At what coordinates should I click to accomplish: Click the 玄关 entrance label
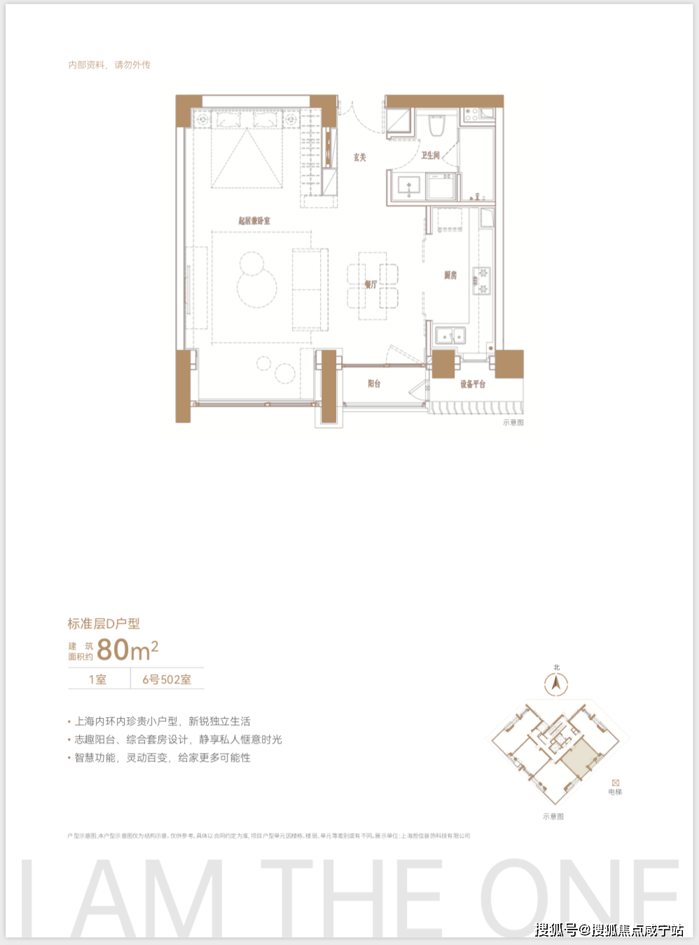coord(359,157)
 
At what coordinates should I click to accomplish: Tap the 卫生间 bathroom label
coord(430,155)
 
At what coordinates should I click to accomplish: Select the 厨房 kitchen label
coord(450,275)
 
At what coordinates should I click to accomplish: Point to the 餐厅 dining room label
coord(371,284)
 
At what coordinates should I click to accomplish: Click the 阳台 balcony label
coord(374,383)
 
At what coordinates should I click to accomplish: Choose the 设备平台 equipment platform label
coord(473,383)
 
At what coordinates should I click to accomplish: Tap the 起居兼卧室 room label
coord(254,220)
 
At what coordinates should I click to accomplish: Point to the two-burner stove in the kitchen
coord(482,280)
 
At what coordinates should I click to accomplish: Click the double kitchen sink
coord(450,336)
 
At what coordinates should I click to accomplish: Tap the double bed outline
coord(247,149)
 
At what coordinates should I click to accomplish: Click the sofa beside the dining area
coord(310,288)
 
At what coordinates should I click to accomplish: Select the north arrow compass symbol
coord(556,683)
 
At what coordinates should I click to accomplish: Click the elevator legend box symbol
coord(615,782)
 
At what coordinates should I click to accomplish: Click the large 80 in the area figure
coord(113,650)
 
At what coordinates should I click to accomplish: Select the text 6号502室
coord(167,679)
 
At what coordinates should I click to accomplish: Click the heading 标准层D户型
coord(104,623)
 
